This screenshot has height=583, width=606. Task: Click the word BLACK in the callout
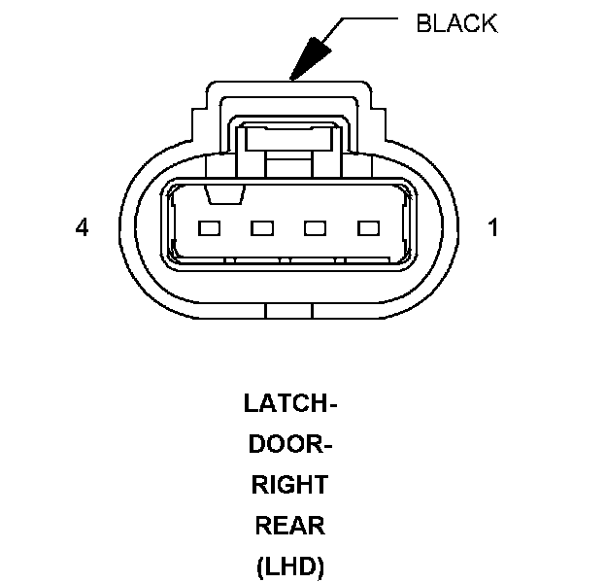point(455,24)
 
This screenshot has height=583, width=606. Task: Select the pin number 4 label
point(82,228)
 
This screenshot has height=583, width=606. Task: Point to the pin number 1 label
point(493,228)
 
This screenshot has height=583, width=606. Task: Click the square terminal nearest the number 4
point(210,229)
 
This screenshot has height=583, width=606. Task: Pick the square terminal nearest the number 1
point(367,229)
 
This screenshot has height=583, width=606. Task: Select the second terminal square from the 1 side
point(315,229)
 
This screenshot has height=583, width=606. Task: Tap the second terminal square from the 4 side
point(262,229)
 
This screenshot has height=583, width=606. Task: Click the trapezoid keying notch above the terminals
point(222,195)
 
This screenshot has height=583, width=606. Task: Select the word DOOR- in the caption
point(289,444)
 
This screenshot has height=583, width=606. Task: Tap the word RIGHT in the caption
point(288,485)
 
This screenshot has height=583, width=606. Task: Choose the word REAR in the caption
point(289,526)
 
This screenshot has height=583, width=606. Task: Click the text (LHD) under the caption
point(288,566)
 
